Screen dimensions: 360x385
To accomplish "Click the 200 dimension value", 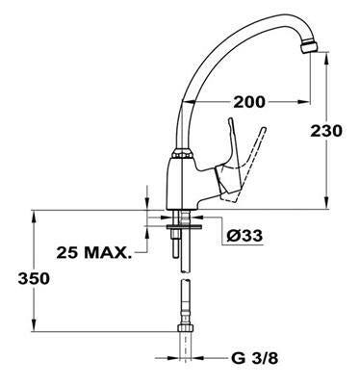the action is (249, 102).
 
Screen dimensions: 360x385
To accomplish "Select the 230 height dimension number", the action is (326, 131).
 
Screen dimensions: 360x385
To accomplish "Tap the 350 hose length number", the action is (34, 278).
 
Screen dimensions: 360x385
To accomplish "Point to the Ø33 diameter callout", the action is (244, 236).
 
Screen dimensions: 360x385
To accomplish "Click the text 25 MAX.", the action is (94, 253).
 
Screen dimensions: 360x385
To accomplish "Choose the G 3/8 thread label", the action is (254, 358).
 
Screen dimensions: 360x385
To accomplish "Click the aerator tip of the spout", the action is (309, 48).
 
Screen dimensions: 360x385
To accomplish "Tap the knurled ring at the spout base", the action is (183, 153).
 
